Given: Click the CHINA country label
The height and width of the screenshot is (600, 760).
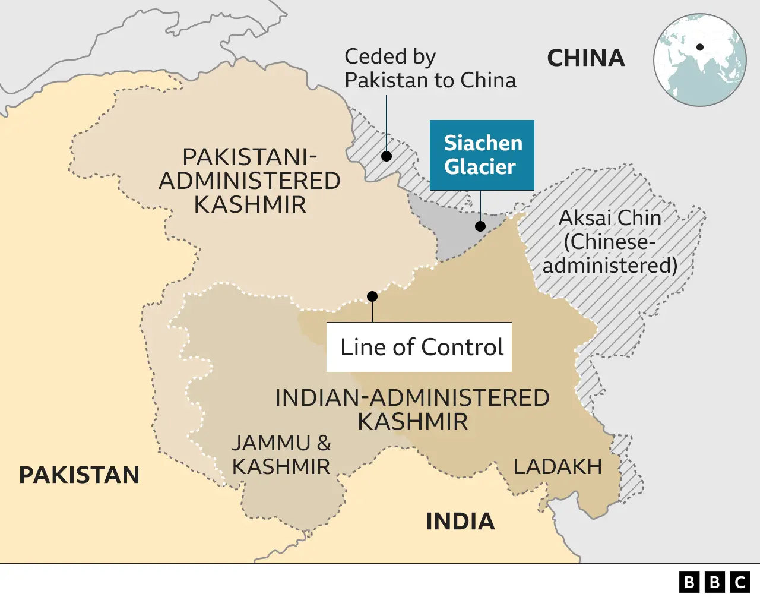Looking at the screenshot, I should (x=585, y=58).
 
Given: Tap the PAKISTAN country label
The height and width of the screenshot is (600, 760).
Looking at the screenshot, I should (x=79, y=475).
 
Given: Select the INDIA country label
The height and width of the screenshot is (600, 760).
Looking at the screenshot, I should (x=460, y=522).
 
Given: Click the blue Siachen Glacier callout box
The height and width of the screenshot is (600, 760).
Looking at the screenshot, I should (x=482, y=155).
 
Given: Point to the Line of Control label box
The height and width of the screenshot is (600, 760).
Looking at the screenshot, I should (x=419, y=347).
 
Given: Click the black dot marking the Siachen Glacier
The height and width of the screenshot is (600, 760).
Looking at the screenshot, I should (x=480, y=226).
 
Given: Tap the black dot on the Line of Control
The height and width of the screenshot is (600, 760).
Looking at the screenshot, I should (x=372, y=296).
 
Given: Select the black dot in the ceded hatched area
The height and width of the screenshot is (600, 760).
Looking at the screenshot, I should (x=387, y=156).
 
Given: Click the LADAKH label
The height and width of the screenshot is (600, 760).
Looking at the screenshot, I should (x=558, y=467).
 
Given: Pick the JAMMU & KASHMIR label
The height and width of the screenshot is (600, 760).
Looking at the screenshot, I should (x=281, y=455).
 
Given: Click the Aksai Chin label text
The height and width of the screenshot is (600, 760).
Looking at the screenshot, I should (x=610, y=218).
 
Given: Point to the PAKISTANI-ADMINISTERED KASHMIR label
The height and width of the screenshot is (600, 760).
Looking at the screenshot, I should (x=249, y=181).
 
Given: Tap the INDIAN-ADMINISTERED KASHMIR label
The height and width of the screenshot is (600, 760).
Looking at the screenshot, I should (x=412, y=410).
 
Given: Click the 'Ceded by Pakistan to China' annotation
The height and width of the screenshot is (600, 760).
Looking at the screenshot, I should (x=430, y=68).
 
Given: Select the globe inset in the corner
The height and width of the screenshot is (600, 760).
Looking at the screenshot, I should (x=700, y=60).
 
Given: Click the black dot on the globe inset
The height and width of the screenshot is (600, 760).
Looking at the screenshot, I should (x=700, y=47).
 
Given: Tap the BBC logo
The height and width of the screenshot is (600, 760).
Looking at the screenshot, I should (x=715, y=582).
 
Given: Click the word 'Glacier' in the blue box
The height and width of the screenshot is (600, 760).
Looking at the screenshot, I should (x=480, y=167).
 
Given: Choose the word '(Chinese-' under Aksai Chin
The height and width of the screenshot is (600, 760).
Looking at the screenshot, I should (x=610, y=242).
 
